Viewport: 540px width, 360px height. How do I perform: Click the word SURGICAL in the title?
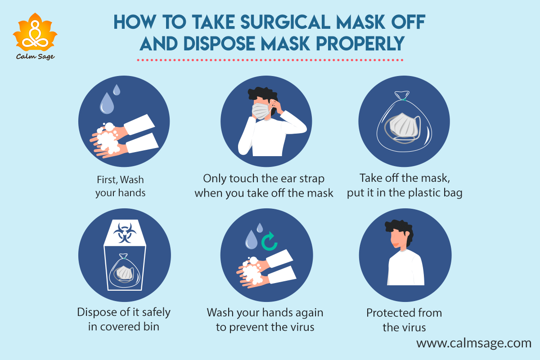285,22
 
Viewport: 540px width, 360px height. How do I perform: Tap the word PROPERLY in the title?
360,44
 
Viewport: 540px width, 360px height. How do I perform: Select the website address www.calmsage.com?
474,343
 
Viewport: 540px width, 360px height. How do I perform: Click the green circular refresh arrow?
270,242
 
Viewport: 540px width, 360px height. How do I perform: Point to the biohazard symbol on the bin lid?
125,233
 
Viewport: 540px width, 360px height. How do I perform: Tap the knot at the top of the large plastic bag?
402,95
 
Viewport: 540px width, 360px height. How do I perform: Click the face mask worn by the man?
261,111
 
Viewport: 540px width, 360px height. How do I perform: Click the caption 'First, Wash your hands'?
120,186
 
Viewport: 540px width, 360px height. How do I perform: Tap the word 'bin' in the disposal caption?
151,327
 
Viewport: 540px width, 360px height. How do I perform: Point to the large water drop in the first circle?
107,103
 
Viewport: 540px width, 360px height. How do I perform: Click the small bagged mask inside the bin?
124,273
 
